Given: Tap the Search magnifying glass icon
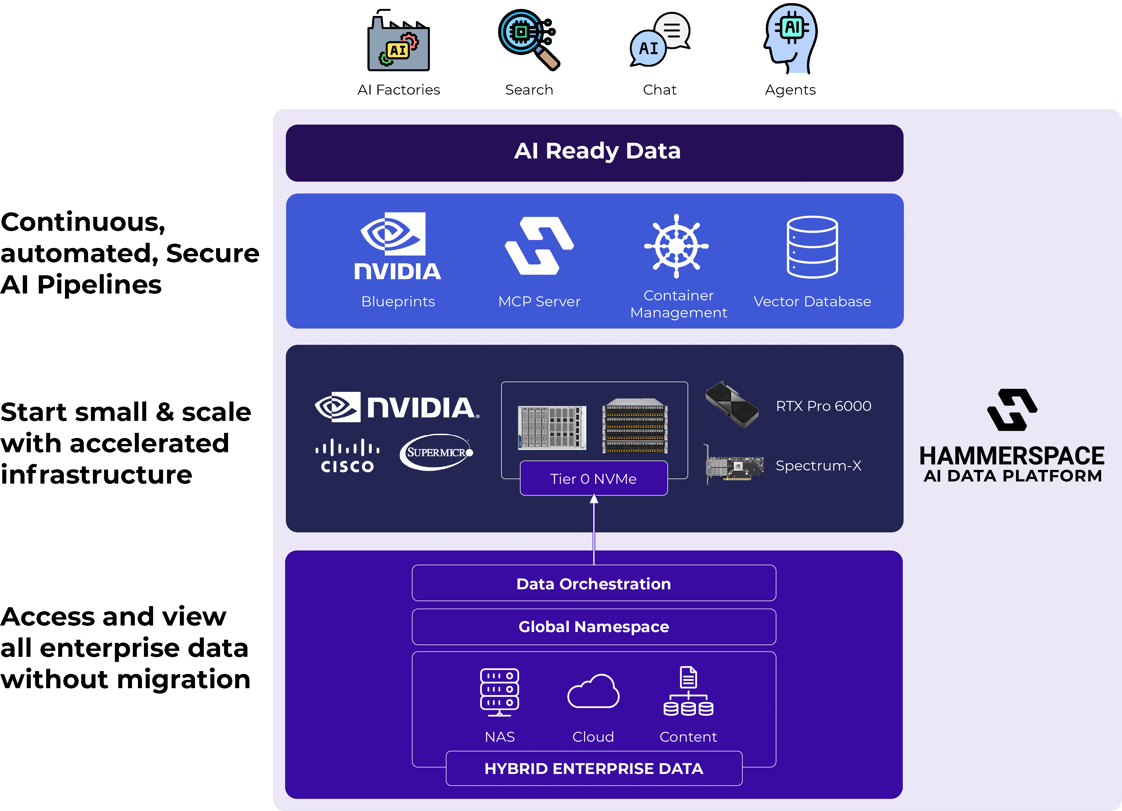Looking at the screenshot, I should pos(528,40).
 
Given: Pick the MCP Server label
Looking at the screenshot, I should pos(539,302).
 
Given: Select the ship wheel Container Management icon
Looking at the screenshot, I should pos(676,246).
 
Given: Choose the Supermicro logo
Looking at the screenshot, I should pos(436,452).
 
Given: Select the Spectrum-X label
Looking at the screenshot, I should pos(818,466).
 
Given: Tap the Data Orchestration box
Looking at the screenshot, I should pos(594,584).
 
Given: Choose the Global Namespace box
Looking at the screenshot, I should pos(594,627).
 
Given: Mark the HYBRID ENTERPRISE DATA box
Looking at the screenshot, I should pos(594,769).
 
